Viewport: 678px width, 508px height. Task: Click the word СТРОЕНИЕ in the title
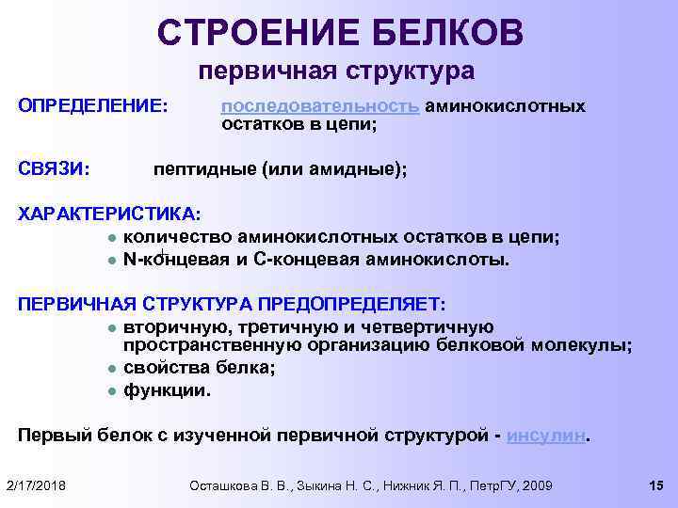249,32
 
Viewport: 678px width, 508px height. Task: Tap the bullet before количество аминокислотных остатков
111,237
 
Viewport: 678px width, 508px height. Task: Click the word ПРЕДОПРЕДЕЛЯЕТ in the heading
348,304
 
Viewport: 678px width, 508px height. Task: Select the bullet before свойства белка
111,369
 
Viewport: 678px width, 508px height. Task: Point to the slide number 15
657,484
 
